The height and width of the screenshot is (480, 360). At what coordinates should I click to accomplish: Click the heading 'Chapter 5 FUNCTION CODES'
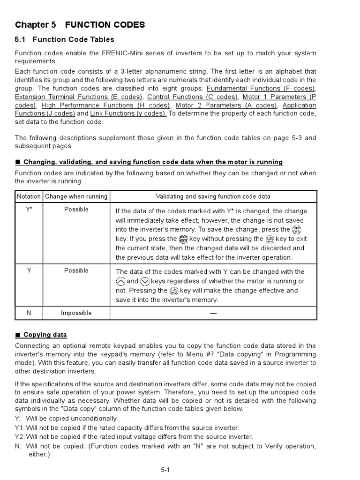click(80, 25)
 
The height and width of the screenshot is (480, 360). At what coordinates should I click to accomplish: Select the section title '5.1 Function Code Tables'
click(65, 39)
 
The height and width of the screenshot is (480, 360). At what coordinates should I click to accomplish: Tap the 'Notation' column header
click(29, 196)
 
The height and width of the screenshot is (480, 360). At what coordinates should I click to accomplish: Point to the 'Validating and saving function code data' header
click(213, 196)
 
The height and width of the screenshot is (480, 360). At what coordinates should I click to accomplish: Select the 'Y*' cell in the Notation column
click(29, 210)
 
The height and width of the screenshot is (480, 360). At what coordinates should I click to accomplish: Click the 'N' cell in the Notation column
click(29, 313)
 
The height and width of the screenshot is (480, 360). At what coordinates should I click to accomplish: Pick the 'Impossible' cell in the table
click(76, 313)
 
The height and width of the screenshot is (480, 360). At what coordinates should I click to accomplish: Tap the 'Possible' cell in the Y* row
click(76, 210)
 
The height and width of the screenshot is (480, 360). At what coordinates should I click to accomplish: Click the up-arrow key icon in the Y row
click(120, 281)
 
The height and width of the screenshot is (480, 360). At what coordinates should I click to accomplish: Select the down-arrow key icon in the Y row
click(145, 281)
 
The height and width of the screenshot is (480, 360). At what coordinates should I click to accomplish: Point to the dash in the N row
click(213, 313)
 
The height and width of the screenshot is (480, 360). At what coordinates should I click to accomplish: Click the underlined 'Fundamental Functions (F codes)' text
click(261, 89)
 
